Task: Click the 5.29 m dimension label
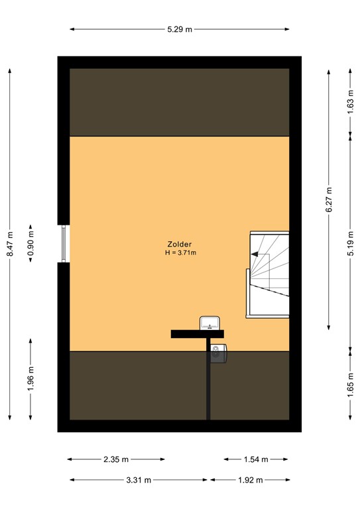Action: [x=180, y=29]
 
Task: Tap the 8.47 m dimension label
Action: [x=10, y=244]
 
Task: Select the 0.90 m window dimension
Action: [x=30, y=244]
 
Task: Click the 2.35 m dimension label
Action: [x=116, y=459]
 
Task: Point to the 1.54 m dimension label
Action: [x=255, y=459]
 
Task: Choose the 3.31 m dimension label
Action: [x=139, y=480]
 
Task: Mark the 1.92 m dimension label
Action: [x=249, y=480]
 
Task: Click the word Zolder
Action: [x=180, y=244]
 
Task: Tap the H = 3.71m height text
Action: [x=180, y=253]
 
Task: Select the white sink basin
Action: [x=210, y=323]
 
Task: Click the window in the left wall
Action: [x=64, y=244]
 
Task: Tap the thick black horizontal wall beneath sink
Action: [x=197, y=333]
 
